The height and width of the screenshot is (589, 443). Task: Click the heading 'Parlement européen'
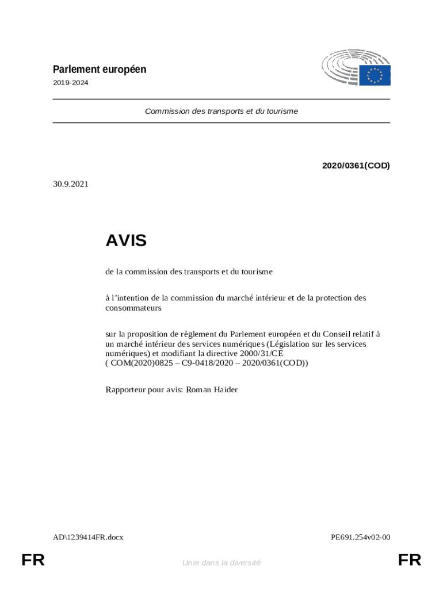[x=100, y=70]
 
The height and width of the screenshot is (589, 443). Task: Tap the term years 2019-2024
[x=71, y=83]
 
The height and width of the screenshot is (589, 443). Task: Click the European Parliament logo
[x=356, y=68]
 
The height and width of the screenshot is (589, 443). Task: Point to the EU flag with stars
[x=375, y=75]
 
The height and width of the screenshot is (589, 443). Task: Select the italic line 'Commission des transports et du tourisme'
[x=221, y=111]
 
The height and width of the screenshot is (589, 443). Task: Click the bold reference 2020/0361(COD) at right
[x=356, y=166]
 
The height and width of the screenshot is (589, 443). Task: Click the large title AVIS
[x=126, y=240]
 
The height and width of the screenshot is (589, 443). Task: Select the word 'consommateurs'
[x=133, y=308]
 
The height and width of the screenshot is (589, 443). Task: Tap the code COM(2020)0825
[x=138, y=363]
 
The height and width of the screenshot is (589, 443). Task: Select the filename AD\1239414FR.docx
[x=88, y=537]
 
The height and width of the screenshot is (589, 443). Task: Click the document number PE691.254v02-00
[x=361, y=537]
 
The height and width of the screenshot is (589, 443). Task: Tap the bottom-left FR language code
[x=33, y=560]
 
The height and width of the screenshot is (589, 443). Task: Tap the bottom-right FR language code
[x=410, y=560]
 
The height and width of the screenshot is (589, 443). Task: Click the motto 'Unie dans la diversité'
[x=221, y=563]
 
